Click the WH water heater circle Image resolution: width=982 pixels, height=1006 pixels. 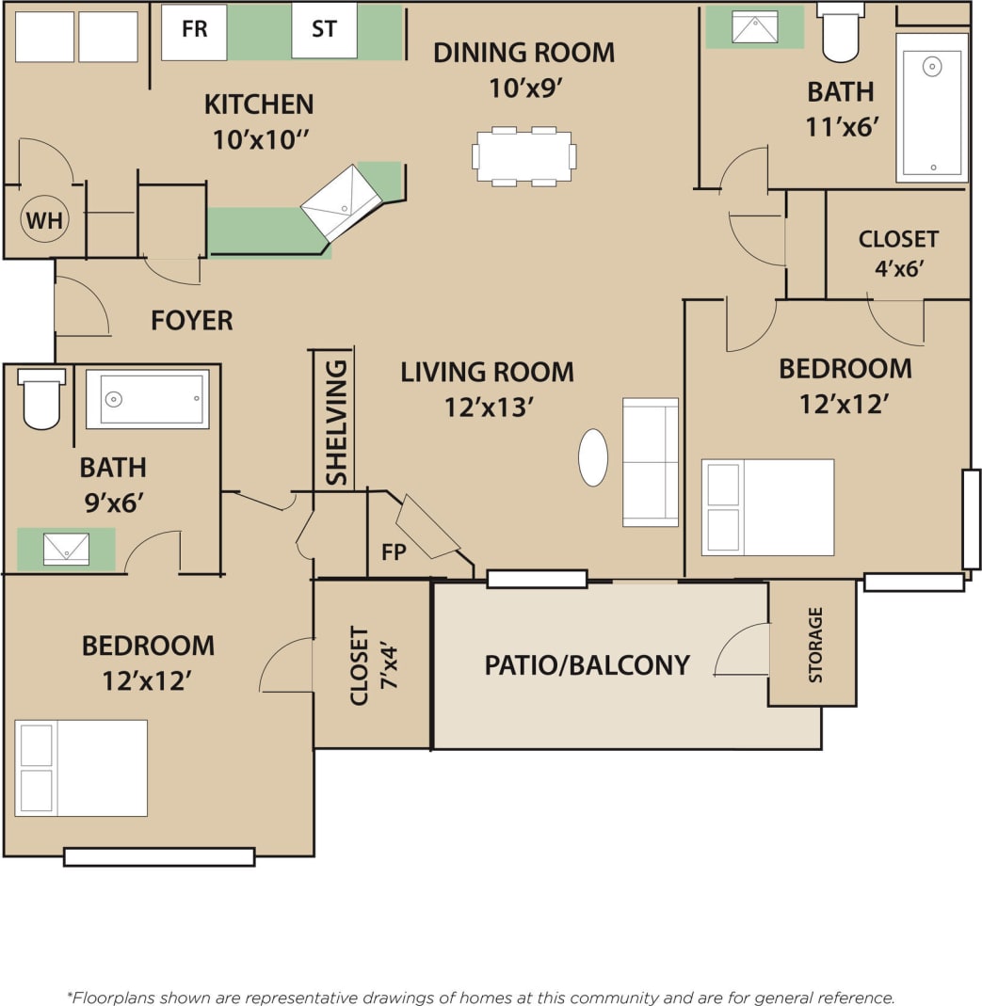click(x=43, y=220)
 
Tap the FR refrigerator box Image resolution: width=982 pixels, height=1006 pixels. click(x=194, y=30)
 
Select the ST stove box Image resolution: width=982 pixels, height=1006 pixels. click(x=324, y=30)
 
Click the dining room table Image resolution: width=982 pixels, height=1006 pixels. click(x=523, y=156)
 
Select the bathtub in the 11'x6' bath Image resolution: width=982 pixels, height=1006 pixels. click(x=931, y=107)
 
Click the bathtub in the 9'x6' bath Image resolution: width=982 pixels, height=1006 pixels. click(x=148, y=399)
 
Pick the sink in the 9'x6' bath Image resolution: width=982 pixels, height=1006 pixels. click(x=66, y=549)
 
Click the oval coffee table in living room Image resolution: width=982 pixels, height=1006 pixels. click(x=592, y=457)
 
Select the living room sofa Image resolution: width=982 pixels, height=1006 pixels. click(x=650, y=462)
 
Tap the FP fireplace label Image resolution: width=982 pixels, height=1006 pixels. click(x=394, y=552)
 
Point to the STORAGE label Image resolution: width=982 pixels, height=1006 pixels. click(x=815, y=645)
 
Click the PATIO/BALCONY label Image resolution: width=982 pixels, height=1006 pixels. click(x=587, y=665)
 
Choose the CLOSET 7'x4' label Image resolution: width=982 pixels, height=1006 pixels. click(x=373, y=664)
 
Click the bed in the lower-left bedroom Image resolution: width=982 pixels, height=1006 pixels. click(x=81, y=768)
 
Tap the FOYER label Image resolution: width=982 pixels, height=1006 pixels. click(x=191, y=321)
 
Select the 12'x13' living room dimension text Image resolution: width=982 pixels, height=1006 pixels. click(x=490, y=407)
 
